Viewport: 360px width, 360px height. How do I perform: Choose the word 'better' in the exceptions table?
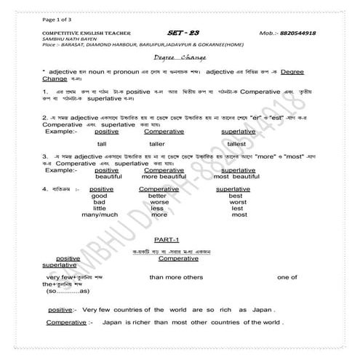pos(157,196)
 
